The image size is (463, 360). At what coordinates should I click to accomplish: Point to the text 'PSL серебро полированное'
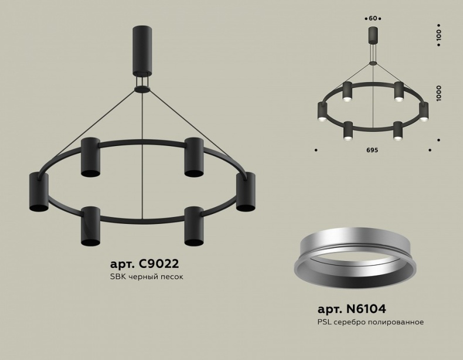pyautogui.click(x=370, y=322)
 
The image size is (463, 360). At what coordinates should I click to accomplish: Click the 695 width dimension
pyautogui.click(x=373, y=150)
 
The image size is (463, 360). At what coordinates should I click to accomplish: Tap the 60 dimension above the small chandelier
pyautogui.click(x=373, y=18)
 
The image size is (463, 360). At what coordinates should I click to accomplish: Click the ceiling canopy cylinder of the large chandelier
pyautogui.click(x=141, y=49)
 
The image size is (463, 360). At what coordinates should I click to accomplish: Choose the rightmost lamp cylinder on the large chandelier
pyautogui.click(x=246, y=192)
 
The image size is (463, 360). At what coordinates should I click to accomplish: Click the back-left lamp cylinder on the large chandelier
pyautogui.click(x=91, y=157)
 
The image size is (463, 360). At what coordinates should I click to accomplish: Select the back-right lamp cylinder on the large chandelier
pyautogui.click(x=194, y=157)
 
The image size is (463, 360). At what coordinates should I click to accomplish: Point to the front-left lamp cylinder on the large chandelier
pyautogui.click(x=91, y=226)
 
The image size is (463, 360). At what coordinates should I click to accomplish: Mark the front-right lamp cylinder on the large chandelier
pyautogui.click(x=194, y=226)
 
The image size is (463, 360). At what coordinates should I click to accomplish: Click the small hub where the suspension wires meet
pyautogui.click(x=141, y=89)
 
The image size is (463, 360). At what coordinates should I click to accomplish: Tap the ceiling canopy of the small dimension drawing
pyautogui.click(x=373, y=35)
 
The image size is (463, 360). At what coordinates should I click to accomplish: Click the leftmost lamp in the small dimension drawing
pyautogui.click(x=322, y=112)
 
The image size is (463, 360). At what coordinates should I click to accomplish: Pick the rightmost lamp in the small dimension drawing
pyautogui.click(x=423, y=112)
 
